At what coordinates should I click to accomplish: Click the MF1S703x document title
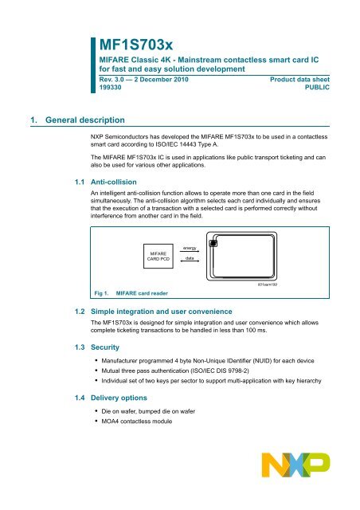tap(136, 45)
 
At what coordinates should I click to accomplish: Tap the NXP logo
tap(295, 465)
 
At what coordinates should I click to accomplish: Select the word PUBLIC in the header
tap(317, 87)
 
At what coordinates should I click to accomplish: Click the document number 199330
tap(110, 87)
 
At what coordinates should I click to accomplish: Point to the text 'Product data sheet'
tap(299, 80)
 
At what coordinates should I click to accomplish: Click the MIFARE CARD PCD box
tap(158, 257)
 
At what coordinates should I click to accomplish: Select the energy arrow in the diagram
tap(190, 251)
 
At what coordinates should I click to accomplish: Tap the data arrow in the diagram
tap(190, 261)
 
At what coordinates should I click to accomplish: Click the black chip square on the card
tap(213, 243)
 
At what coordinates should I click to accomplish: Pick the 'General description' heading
tap(85, 120)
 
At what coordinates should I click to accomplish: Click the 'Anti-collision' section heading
tap(114, 182)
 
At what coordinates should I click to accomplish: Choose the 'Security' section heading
tap(105, 347)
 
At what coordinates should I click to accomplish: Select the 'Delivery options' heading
tap(119, 398)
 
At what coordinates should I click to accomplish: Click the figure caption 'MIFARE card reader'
tap(142, 293)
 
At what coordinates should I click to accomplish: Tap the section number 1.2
tap(80, 312)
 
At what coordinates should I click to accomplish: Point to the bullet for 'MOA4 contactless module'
tap(96, 421)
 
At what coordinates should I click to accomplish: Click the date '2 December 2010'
tap(162, 80)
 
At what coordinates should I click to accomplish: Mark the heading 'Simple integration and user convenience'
tap(162, 312)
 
